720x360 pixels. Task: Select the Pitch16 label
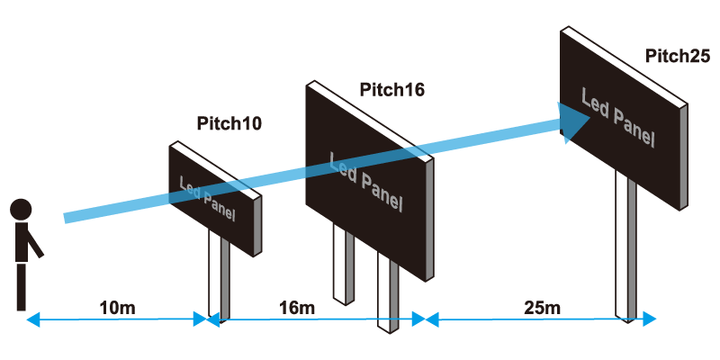click(391, 90)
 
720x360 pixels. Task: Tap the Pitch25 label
click(677, 56)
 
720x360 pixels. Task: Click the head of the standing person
click(21, 210)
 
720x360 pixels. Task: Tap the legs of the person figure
click(22, 286)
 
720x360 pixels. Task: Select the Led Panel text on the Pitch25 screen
click(616, 117)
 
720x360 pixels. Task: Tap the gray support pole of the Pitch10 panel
click(225, 283)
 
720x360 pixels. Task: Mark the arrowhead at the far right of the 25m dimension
click(650, 319)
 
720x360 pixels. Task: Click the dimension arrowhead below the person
click(31, 319)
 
